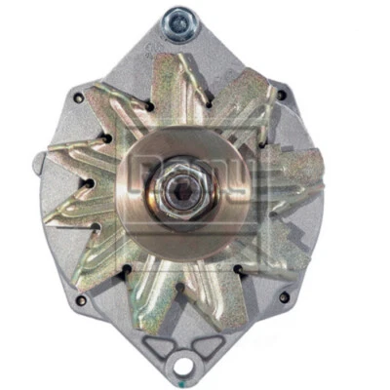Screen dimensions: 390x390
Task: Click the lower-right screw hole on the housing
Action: (284, 296)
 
